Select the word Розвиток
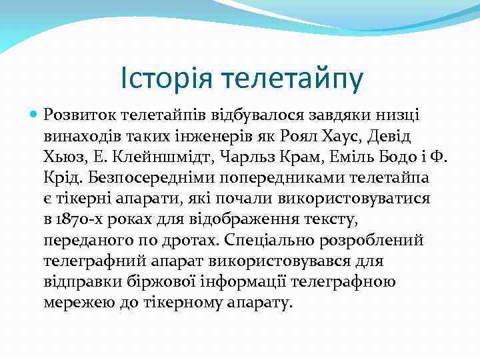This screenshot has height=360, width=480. pos(76,116)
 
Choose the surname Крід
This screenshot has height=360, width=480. pos(61,178)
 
